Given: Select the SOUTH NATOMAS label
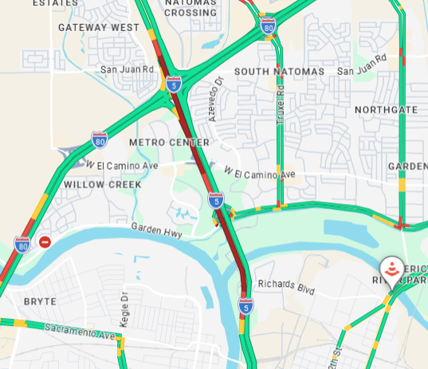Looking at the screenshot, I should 280,72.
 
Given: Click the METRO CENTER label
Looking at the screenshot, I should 169,143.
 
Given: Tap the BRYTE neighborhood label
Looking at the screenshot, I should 40,302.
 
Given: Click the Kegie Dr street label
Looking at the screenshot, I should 124,307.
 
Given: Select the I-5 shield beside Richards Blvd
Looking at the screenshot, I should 245,305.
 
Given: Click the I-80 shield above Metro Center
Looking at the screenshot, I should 99,141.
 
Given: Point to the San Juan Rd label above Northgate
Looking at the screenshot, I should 362,71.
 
